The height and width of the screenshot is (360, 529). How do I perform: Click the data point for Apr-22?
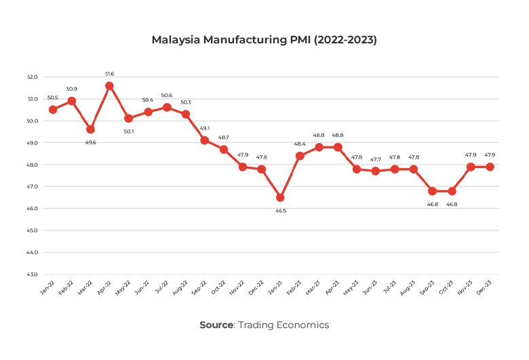pos(109,86)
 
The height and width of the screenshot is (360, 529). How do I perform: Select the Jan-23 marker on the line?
pos(280,197)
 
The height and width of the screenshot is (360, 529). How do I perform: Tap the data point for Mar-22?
pos(90,129)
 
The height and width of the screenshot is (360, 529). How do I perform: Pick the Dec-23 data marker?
pos(489,167)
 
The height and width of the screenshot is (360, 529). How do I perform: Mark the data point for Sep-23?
pos(432,191)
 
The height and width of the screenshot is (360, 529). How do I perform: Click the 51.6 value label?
pos(109,73)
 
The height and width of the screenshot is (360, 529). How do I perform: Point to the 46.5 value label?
pos(280,211)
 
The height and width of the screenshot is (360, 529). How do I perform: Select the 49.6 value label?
pos(90,142)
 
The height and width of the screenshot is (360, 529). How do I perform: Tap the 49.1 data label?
pos(204,127)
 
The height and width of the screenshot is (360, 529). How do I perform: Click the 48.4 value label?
pos(300,143)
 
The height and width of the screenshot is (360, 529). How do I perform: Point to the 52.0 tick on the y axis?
pos(33,77)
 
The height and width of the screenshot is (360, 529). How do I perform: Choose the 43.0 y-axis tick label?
pos(33,275)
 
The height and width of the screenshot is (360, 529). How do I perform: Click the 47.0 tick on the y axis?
pos(33,186)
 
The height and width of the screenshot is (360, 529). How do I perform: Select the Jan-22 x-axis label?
pos(47,290)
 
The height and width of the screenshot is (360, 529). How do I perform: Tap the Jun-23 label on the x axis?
pos(370,290)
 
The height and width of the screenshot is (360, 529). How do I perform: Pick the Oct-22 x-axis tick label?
pos(218,290)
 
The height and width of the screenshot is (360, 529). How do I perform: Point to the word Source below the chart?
pos(216,325)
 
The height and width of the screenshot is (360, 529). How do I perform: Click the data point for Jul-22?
pos(166,107)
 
